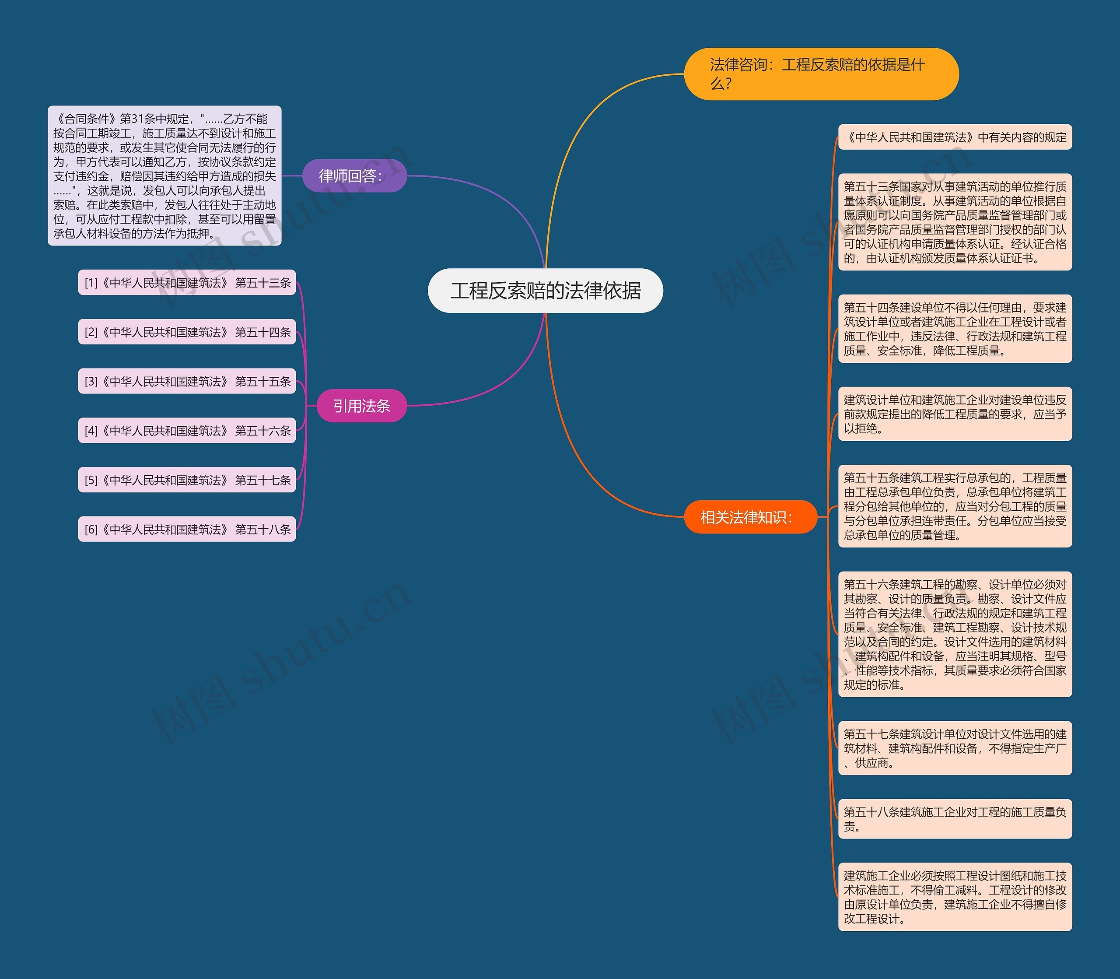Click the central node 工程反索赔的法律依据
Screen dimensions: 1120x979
pyautogui.click(x=545, y=291)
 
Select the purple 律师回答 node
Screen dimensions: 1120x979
pyautogui.click(x=354, y=175)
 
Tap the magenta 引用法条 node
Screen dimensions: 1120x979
pyautogui.click(x=361, y=405)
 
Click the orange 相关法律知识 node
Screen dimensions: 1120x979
pyautogui.click(x=750, y=517)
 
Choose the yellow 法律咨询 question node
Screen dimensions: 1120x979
pyautogui.click(x=821, y=74)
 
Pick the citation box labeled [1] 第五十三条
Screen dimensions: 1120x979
pyautogui.click(x=187, y=282)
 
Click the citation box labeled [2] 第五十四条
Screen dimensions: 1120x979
pyautogui.click(x=187, y=332)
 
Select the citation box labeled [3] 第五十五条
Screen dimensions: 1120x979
pyautogui.click(x=187, y=381)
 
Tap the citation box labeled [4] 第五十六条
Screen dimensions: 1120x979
pyautogui.click(x=187, y=431)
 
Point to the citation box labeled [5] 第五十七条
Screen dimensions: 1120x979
pyautogui.click(x=187, y=480)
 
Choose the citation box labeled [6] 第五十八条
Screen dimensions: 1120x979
pyautogui.click(x=187, y=529)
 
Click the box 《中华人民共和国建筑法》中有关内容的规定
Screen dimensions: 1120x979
pyautogui.click(x=955, y=137)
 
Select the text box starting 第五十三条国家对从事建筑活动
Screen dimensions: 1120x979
pyautogui.click(x=955, y=222)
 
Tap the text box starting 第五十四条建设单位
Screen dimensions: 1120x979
pyautogui.click(x=955, y=328)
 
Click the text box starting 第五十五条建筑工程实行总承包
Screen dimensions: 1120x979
pyautogui.click(x=955, y=506)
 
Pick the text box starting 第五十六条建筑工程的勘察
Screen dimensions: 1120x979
pyautogui.click(x=955, y=634)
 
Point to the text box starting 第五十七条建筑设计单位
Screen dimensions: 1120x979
pyautogui.click(x=955, y=748)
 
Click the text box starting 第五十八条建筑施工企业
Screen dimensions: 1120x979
pyautogui.click(x=955, y=819)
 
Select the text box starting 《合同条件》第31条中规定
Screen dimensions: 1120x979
pyautogui.click(x=164, y=175)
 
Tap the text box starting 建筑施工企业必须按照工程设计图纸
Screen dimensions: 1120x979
pyautogui.click(x=955, y=897)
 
